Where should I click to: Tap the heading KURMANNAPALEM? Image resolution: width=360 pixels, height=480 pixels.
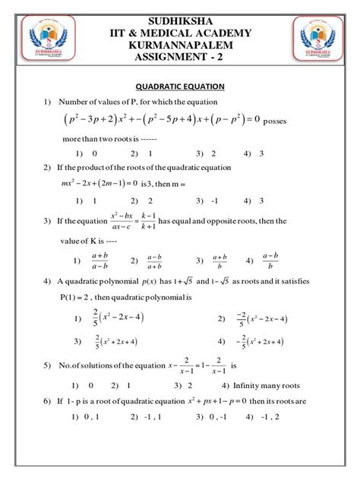coord(179,45)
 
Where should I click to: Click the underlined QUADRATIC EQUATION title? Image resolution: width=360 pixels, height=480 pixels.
coord(179,87)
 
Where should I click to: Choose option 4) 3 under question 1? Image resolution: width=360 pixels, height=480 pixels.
coord(254,152)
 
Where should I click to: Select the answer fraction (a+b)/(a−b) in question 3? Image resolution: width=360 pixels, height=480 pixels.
coord(99,261)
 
